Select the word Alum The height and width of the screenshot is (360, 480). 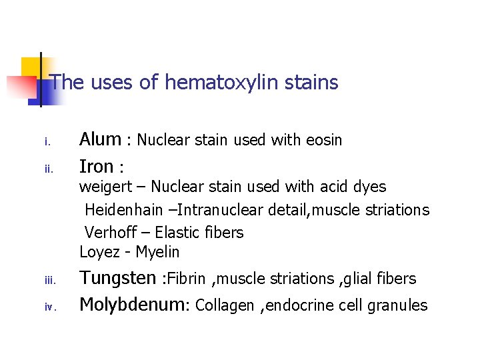(100, 139)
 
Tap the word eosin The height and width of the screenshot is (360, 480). (324, 140)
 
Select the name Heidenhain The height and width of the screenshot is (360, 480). (123, 210)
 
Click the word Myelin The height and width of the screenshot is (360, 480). (157, 252)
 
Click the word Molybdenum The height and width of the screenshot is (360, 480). (133, 305)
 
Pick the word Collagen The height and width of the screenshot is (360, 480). (225, 305)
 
